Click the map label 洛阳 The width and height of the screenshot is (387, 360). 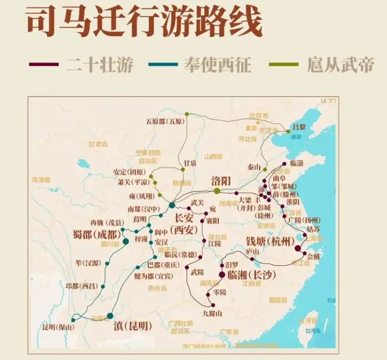pos(220,181)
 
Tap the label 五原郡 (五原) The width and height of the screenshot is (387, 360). pos(164,121)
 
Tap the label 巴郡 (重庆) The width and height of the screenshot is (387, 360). pos(162,265)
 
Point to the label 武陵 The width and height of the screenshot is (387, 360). pos(198,271)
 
